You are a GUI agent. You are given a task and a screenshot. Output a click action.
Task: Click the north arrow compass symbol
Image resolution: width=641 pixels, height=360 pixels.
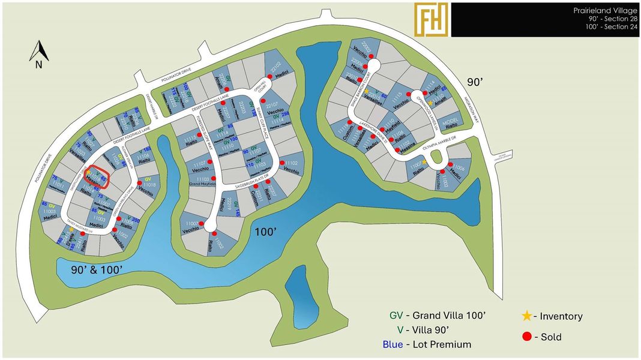point(38,53)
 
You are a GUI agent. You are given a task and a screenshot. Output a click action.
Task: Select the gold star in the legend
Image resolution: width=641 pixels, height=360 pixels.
point(526,316)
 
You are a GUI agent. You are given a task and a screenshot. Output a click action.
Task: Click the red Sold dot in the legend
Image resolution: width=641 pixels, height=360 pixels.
point(526,337)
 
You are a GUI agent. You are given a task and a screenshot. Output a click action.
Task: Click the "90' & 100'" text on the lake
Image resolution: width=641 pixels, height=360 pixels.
point(97,269)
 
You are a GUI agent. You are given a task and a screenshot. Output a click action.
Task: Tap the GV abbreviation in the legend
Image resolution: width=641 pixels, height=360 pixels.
point(396,315)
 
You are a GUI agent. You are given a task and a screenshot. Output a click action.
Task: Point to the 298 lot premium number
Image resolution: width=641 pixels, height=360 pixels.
point(286,113)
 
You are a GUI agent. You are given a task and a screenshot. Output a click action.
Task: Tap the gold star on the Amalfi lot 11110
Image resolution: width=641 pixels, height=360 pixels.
point(430,103)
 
